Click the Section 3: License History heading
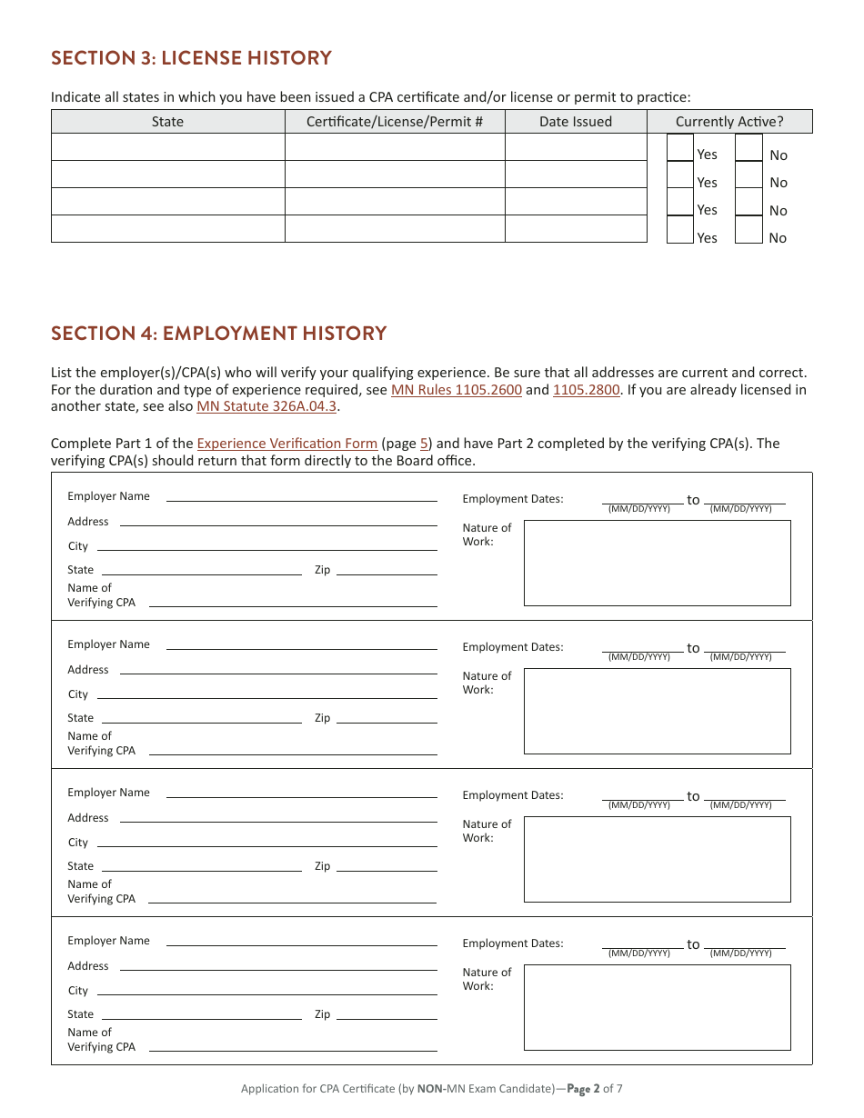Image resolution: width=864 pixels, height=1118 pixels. (191, 58)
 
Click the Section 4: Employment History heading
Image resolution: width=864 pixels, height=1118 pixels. (218, 334)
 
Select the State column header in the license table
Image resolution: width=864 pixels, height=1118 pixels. (167, 122)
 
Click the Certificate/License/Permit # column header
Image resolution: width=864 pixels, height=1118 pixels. (394, 122)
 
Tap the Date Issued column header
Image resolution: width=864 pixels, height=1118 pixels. (575, 122)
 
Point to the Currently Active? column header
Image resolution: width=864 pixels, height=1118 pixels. (728, 122)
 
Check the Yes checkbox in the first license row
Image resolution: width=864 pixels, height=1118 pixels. (679, 148)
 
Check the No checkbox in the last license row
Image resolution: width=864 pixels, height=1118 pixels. (748, 231)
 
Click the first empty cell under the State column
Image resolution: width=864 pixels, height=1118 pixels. (167, 147)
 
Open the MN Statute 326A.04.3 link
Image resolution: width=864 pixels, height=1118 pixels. (266, 406)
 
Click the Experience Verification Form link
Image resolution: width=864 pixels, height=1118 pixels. (286, 444)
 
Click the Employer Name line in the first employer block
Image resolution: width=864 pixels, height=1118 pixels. (301, 496)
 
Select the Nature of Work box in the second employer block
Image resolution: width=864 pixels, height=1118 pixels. (657, 711)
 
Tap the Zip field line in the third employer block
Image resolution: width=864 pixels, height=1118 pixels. (386, 866)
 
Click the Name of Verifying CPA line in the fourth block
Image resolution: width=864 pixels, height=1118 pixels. (292, 1047)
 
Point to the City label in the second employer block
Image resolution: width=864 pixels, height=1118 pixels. (78, 694)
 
